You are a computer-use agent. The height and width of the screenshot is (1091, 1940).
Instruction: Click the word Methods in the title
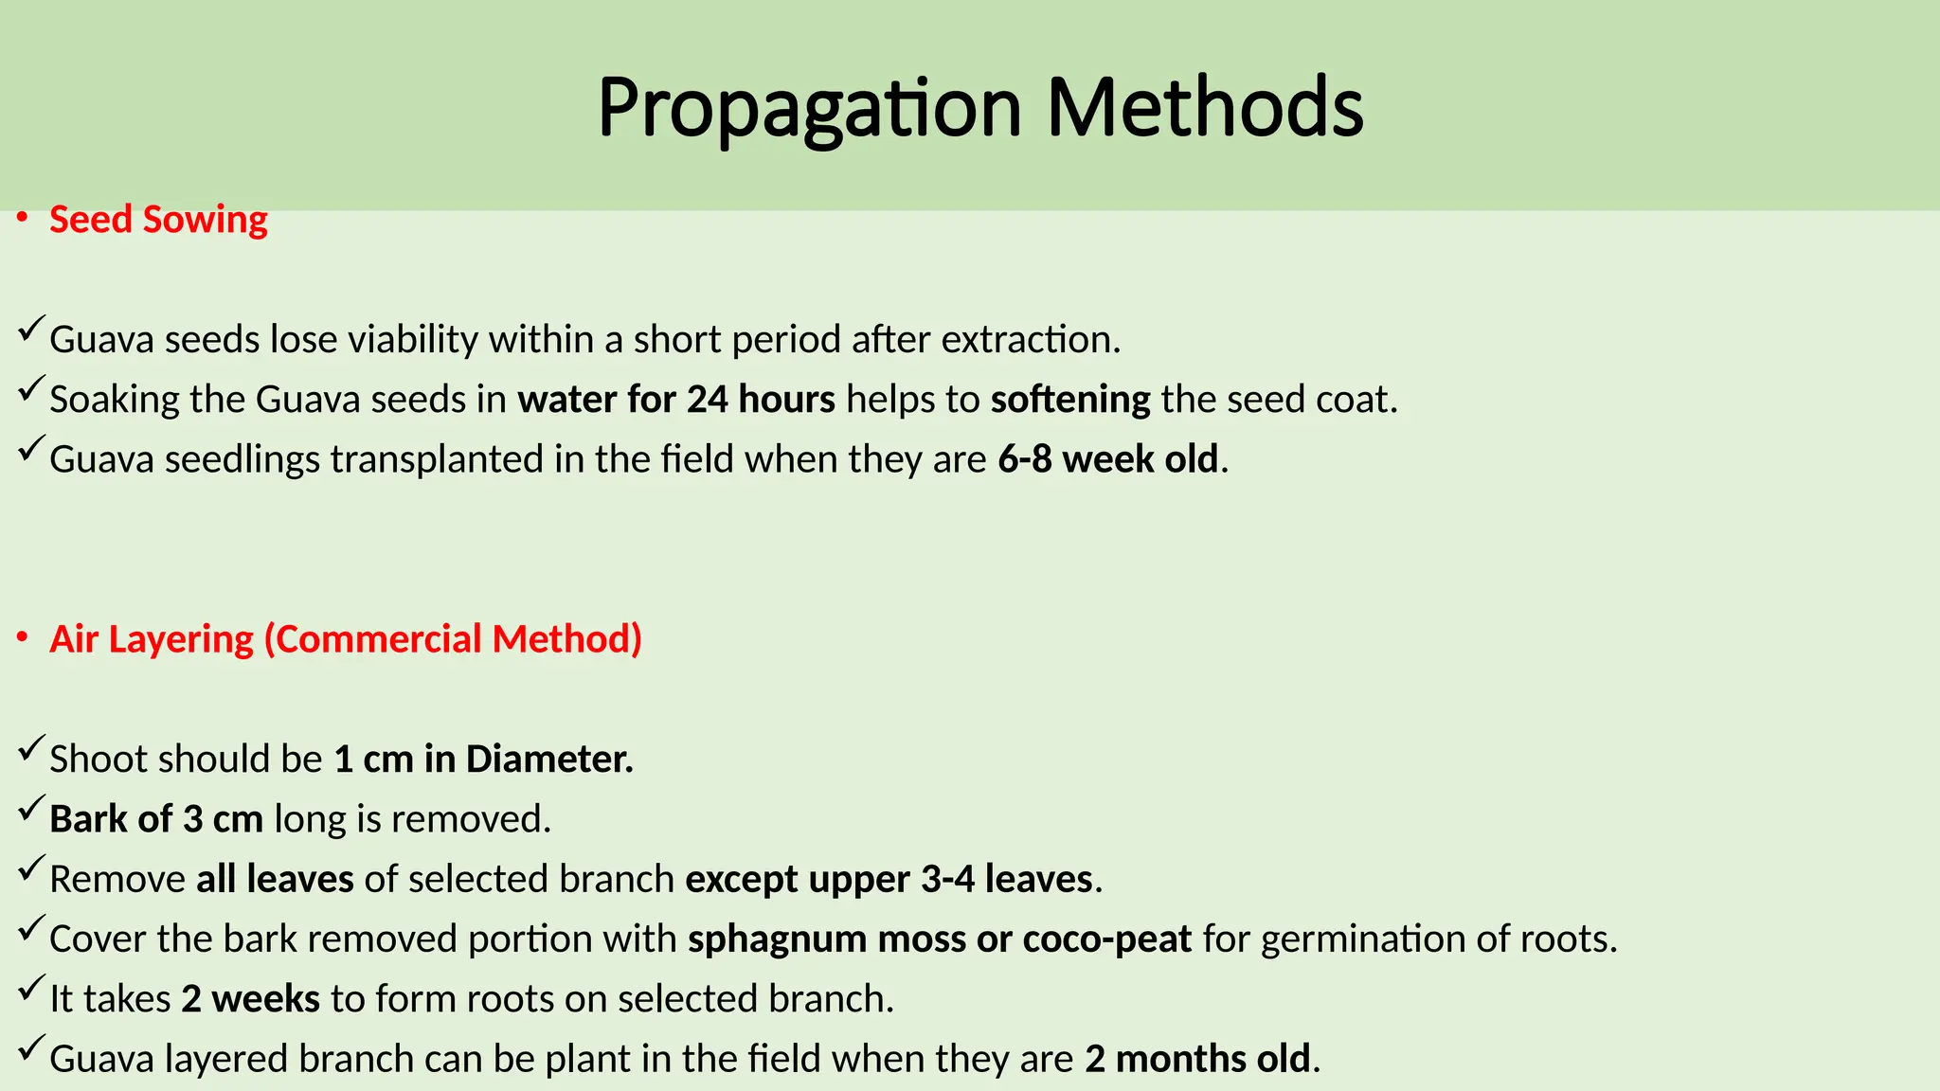(1205, 108)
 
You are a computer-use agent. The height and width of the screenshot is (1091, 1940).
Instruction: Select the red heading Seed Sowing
(158, 220)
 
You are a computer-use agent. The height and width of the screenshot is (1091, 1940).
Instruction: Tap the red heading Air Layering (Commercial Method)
(346, 639)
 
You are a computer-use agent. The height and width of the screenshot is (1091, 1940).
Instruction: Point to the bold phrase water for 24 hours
(676, 400)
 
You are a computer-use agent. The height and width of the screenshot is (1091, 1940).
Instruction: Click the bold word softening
(1070, 400)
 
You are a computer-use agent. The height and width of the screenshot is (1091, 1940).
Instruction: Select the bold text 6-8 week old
(1107, 459)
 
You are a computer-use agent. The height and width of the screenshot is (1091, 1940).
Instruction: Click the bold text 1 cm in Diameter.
(483, 760)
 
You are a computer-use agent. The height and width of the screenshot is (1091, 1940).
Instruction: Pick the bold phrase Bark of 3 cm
(156, 819)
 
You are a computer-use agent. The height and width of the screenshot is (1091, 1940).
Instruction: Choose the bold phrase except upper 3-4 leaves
(889, 879)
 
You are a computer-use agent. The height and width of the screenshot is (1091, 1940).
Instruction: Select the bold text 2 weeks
(251, 999)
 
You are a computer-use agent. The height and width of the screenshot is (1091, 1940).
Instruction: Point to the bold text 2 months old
(1197, 1059)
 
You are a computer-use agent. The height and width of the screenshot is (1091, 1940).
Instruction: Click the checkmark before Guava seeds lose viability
(29, 331)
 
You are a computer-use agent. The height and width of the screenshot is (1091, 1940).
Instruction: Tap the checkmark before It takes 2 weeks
(29, 990)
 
